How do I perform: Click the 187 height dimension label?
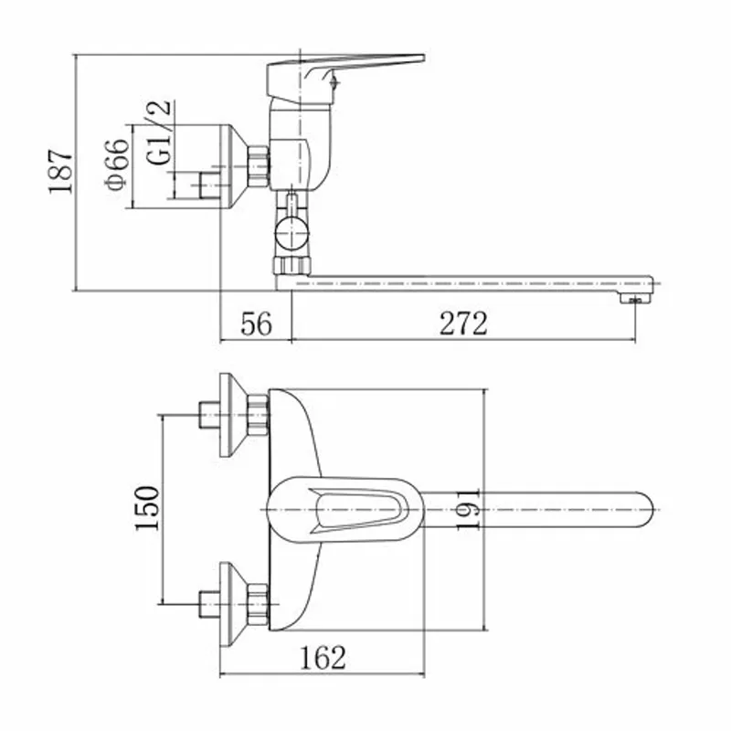(x=60, y=171)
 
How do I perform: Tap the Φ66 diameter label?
(x=117, y=164)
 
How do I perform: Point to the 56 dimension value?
(x=256, y=323)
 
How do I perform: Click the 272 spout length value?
(x=463, y=323)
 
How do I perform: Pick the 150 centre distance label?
(x=147, y=508)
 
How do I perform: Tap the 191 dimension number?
(x=468, y=509)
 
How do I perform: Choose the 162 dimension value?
(x=323, y=657)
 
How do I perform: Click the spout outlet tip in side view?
(x=634, y=299)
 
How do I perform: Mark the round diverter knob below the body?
(x=291, y=234)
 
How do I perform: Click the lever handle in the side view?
(x=345, y=79)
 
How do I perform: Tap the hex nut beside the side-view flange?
(x=258, y=166)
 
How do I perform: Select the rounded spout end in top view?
(x=642, y=510)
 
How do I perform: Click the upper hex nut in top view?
(x=258, y=415)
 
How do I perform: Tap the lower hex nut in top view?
(x=258, y=604)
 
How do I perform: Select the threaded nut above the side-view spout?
(x=291, y=265)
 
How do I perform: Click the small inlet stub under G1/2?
(x=208, y=185)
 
